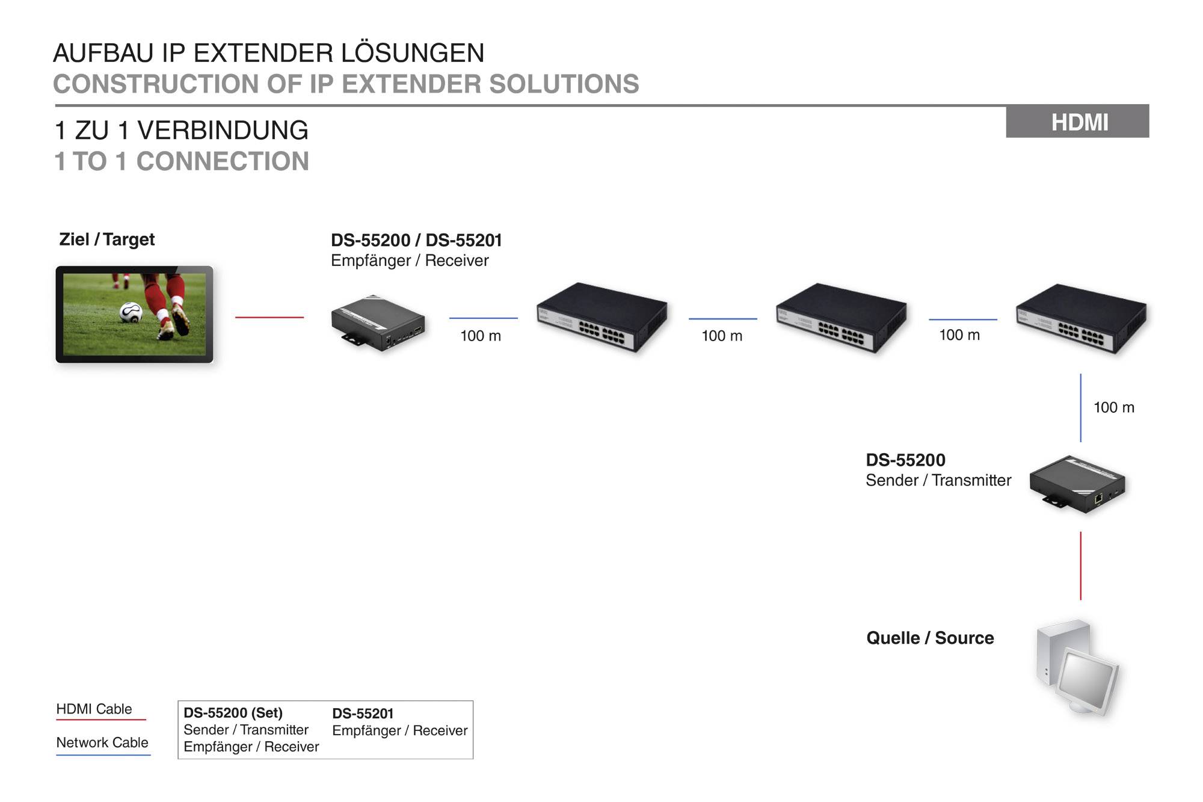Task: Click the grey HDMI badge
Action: (x=1077, y=122)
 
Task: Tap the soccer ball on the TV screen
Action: (x=131, y=312)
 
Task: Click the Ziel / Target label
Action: (x=107, y=239)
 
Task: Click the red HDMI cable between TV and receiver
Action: (x=269, y=317)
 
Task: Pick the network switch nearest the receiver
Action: (x=602, y=317)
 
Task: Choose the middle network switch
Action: (x=841, y=318)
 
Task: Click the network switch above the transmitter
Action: (x=1081, y=319)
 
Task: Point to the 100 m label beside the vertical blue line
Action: (x=1113, y=407)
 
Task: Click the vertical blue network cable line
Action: (x=1080, y=408)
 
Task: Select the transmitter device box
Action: (x=1077, y=484)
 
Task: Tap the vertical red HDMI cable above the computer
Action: (x=1080, y=566)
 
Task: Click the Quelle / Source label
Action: (x=930, y=638)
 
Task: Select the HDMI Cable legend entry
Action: (x=94, y=709)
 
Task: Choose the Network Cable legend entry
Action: (x=102, y=743)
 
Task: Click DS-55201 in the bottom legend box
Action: (x=363, y=714)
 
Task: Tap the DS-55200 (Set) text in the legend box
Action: (x=233, y=713)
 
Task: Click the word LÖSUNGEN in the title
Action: (x=413, y=53)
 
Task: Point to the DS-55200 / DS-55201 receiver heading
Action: (x=416, y=241)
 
